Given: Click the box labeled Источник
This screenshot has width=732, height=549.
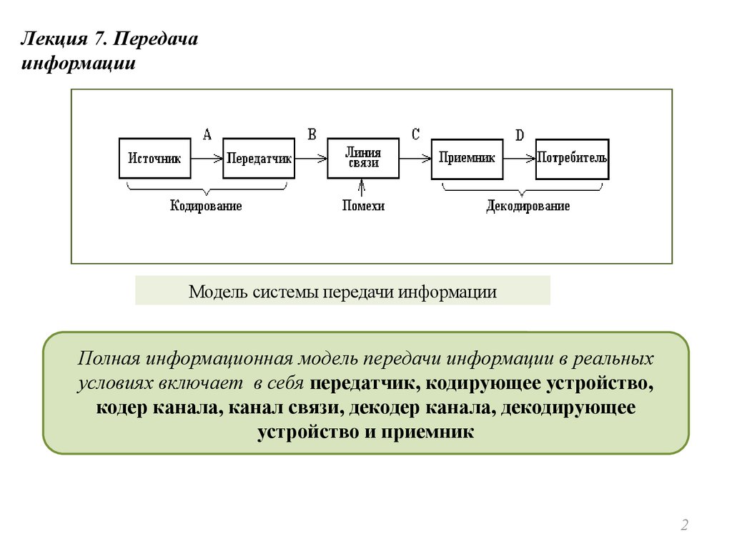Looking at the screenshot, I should point(155,158).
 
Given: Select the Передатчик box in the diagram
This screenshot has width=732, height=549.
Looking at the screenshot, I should point(259,158).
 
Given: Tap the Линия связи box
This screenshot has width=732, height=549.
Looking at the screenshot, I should point(363,158).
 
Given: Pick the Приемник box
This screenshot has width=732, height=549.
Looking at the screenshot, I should point(468,158).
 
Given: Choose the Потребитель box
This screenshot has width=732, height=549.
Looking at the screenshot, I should point(572,158).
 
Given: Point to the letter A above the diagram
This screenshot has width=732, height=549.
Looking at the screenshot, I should point(207,134).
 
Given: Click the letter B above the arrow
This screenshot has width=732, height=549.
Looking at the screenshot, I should point(312,134).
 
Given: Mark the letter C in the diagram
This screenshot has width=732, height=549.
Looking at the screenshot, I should point(415,134).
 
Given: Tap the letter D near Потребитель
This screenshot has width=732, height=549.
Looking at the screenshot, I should point(520,135).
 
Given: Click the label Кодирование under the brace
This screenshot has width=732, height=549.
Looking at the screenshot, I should point(206,206).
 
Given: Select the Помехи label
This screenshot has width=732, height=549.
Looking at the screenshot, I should point(363,206).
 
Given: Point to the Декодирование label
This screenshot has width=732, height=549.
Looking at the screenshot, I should point(528,206).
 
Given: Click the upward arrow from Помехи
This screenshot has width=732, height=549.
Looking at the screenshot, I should point(363,188).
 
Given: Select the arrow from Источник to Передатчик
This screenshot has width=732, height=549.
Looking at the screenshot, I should point(207,158).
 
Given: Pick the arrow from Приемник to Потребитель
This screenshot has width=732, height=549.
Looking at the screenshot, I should point(520,158).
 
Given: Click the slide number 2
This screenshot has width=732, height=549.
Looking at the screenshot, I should point(684,525).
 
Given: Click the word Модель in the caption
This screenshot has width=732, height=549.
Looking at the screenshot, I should point(217,292).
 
